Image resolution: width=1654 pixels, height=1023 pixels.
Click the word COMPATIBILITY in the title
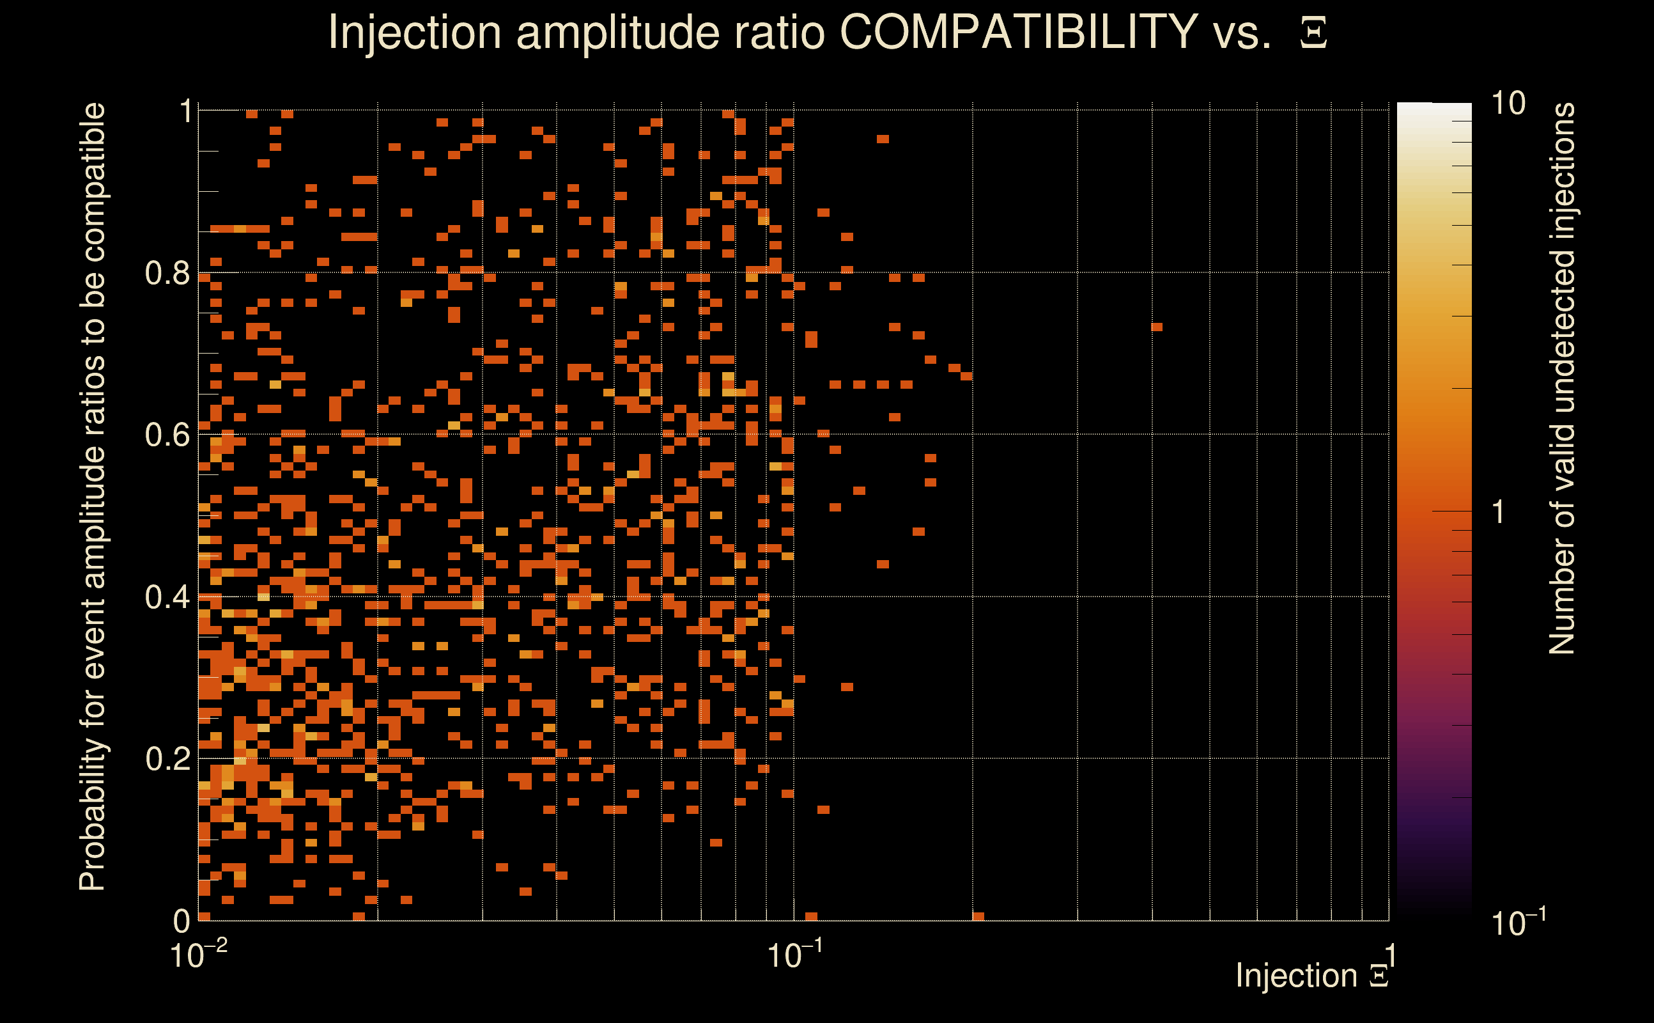[x=1017, y=32]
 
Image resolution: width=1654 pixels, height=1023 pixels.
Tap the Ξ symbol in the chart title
[x=1313, y=33]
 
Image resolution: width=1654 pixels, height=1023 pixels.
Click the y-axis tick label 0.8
[x=167, y=274]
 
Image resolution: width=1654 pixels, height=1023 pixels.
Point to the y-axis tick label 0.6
[x=167, y=435]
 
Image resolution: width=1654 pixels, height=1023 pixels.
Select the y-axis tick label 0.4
[x=167, y=597]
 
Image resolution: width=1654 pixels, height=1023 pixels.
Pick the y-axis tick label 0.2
[x=167, y=759]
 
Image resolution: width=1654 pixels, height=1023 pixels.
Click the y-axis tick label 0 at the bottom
[x=182, y=921]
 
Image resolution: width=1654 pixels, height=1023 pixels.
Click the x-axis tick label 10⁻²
[x=198, y=955]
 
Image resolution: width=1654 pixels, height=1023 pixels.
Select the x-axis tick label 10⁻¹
[x=794, y=955]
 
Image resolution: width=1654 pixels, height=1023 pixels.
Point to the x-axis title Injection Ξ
[x=1312, y=976]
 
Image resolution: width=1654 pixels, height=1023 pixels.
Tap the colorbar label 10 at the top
[x=1508, y=104]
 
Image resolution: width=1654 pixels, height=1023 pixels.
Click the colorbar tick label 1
[x=1499, y=512]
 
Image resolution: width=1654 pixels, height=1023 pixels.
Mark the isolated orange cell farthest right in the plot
[x=1156, y=327]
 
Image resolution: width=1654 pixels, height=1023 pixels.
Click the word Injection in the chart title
[x=415, y=32]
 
